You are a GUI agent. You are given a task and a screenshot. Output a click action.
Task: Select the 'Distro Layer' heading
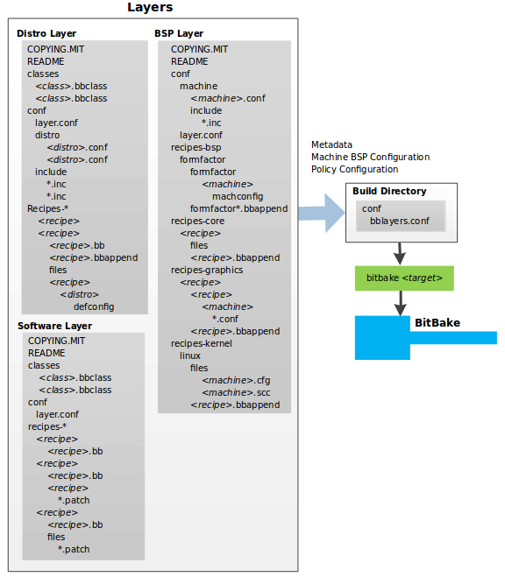[x=46, y=33]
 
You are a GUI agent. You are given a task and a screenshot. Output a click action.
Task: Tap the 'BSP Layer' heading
[x=180, y=33]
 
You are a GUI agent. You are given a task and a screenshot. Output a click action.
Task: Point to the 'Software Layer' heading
[x=54, y=327]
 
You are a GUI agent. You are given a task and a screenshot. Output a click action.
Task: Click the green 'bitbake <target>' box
[x=404, y=278]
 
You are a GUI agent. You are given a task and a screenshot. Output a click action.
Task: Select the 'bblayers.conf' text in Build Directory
[x=399, y=222]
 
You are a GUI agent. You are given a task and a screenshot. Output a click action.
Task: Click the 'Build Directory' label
[x=389, y=191]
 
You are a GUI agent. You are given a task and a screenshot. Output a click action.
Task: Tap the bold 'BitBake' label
[x=437, y=323]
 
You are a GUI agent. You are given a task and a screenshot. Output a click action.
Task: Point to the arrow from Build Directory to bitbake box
[x=401, y=253]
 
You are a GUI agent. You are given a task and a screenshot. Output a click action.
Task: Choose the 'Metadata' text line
[x=331, y=144]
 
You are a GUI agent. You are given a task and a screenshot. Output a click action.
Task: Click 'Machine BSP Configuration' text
[x=370, y=157]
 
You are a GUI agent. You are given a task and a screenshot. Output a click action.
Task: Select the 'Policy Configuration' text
[x=354, y=169]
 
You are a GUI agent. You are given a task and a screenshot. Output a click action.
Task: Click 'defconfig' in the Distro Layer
[x=93, y=306]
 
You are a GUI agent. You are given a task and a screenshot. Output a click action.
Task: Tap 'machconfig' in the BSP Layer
[x=237, y=196]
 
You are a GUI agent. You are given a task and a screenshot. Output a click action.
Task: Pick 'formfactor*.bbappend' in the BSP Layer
[x=238, y=208]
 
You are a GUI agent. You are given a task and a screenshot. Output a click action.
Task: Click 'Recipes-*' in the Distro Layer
[x=47, y=208]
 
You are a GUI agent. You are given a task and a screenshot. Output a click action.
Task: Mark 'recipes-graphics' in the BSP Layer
[x=207, y=270]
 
